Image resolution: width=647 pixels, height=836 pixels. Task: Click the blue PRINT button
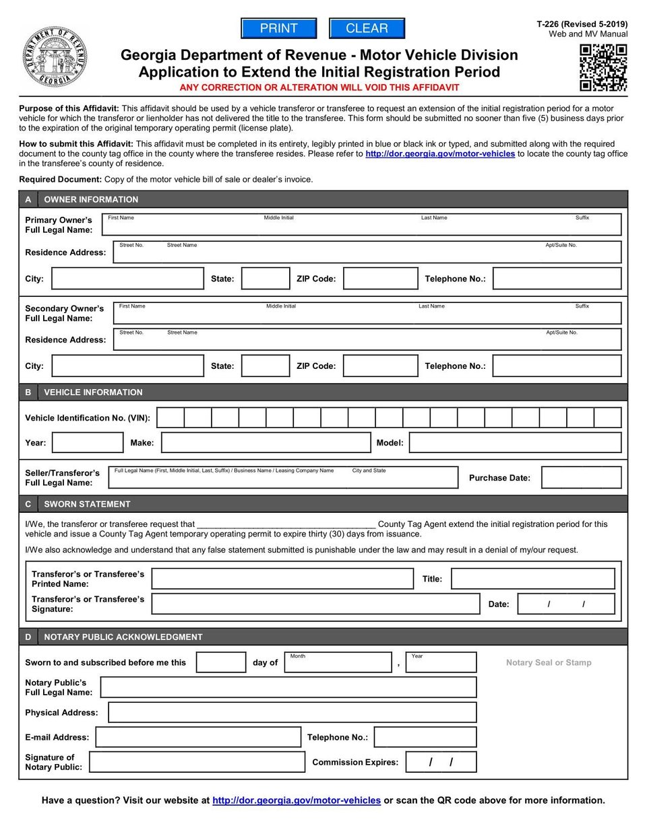pos(278,28)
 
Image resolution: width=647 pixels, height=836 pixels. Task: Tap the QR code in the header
pos(603,67)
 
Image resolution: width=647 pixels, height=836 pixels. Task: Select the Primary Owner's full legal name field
pos(361,225)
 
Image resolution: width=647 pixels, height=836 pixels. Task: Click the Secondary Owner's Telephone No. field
pos(557,366)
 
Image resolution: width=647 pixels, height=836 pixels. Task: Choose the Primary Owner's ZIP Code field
pos(381,279)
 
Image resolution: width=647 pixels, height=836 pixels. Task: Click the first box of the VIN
pos(171,418)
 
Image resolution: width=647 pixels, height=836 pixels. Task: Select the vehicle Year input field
pos(88,443)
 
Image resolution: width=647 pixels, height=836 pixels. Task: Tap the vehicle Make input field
pos(266,443)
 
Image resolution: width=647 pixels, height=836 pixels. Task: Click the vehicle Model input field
pos(515,443)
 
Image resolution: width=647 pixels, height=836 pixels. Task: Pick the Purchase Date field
pos(581,478)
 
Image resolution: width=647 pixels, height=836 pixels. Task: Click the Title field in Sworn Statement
pos(532,579)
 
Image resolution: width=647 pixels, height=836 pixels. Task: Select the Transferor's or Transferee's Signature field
pos(315,604)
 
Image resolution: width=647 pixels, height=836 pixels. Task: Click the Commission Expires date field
pos(441,762)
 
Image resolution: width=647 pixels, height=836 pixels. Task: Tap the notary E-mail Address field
pos(198,737)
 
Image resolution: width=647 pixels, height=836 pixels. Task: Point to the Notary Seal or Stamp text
pos(549,663)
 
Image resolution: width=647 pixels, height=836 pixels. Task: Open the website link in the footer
pos(297,800)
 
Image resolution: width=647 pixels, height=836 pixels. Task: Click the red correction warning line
pos(319,88)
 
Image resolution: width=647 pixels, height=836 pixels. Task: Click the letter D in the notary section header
pos(28,637)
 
